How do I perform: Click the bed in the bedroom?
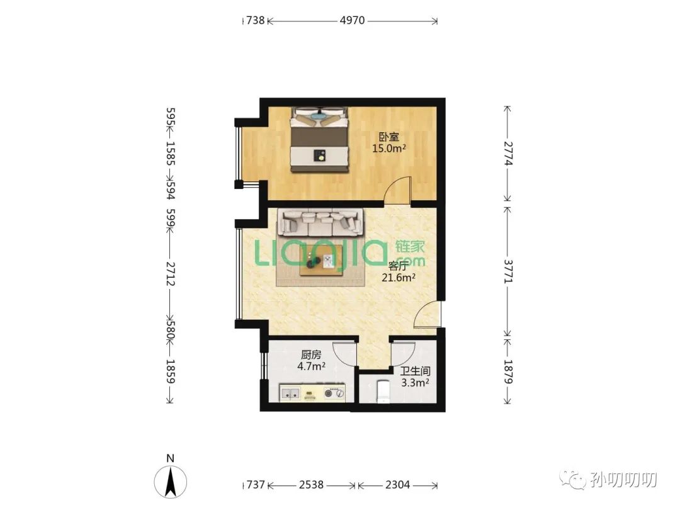[320, 139]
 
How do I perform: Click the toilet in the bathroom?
[383, 392]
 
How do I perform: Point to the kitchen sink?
[290, 394]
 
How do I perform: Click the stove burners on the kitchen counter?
[334, 394]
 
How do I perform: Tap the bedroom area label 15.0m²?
[389, 149]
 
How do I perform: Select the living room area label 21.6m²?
[399, 278]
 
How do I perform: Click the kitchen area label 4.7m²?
[312, 366]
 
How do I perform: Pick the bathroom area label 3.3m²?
[415, 383]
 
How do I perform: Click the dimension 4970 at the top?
[352, 20]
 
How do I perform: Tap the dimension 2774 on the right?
[508, 154]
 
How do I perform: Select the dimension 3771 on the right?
[508, 271]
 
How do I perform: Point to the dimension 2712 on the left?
[171, 274]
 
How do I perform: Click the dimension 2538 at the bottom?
[311, 484]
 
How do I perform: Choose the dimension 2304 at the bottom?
[397, 484]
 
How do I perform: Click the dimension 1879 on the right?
[508, 372]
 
